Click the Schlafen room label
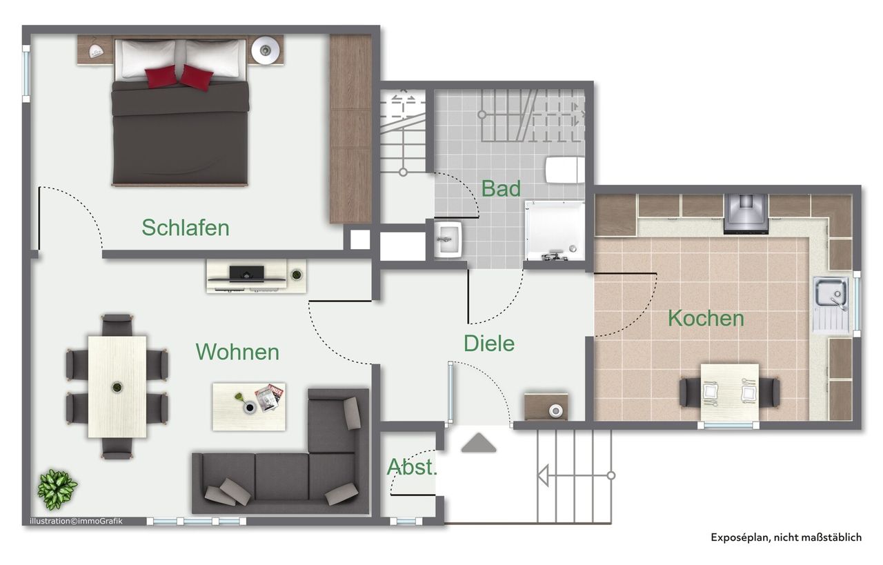186,228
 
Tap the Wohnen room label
237,352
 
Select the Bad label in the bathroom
501,188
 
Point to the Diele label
488,343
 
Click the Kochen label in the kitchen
706,319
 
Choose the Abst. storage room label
412,467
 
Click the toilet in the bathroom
564,170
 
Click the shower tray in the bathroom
554,230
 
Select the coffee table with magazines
248,406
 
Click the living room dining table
117,386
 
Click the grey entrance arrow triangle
479,443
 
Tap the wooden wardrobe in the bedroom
350,128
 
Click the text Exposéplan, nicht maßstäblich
786,537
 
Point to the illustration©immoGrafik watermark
76,521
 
